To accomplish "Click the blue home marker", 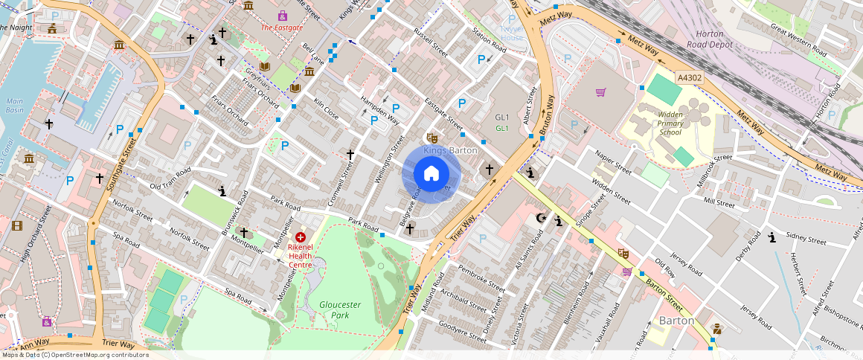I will click(431, 174).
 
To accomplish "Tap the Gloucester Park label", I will click(339, 309).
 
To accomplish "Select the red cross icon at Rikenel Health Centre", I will click(301, 237).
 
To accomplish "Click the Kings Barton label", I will click(450, 150).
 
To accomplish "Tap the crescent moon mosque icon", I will click(542, 218).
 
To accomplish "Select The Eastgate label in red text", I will click(282, 28).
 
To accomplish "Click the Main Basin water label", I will click(15, 106).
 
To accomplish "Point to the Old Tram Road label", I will click(170, 178).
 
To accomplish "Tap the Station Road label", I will click(489, 40).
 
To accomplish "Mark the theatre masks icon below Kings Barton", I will click(430, 138).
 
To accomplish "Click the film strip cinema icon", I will click(17, 225).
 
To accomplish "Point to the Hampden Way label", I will click(379, 110).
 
